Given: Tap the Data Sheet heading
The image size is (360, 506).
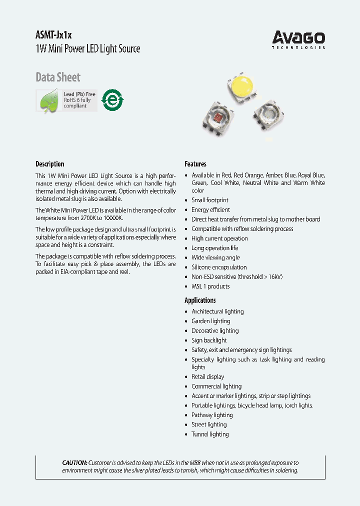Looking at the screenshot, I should click(57, 77).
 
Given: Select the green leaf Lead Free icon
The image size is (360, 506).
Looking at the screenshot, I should click(49, 100).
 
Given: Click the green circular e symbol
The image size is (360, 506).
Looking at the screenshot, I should click(112, 99).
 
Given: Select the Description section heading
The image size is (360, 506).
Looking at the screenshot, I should click(49, 164).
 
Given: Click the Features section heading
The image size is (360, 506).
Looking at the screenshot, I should click(195, 164).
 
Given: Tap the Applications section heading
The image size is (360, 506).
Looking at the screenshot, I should click(200, 300).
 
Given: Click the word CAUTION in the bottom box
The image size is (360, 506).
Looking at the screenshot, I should click(74, 463).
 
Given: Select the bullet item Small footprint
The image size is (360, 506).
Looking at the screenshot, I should click(210, 200).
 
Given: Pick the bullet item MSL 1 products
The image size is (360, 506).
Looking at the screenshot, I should click(210, 286).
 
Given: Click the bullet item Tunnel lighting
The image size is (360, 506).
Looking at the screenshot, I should click(210, 434).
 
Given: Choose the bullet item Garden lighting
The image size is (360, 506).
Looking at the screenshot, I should click(210, 321).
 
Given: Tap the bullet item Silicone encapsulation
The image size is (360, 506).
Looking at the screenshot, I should click(219, 267).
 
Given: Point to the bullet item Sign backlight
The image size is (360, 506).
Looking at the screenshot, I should click(209, 340).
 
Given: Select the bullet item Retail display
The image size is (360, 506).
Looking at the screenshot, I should click(207, 377).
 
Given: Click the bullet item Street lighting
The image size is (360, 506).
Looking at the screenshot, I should click(209, 425).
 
